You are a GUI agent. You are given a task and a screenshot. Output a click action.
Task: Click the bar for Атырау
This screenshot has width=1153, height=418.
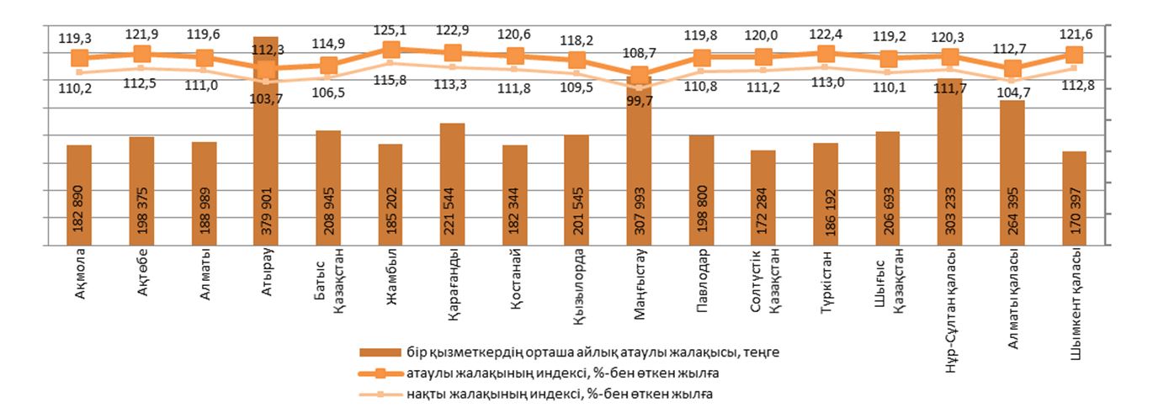click(x=266, y=151)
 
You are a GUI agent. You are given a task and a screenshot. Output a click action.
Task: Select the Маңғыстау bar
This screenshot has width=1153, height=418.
click(x=640, y=168)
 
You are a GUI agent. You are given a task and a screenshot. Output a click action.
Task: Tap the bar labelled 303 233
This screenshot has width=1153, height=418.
click(x=950, y=168)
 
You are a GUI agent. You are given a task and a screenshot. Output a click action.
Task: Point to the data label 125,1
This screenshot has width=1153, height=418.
click(x=391, y=31)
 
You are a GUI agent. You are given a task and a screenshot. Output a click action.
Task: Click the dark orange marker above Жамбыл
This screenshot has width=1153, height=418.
click(x=391, y=50)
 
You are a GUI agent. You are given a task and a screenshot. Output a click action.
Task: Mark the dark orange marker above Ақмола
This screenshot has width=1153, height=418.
click(x=80, y=58)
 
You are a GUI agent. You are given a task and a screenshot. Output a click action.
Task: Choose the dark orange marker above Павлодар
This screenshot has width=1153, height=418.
click(x=702, y=58)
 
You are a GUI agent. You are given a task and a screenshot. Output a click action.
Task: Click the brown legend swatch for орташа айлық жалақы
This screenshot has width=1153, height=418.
click(x=380, y=352)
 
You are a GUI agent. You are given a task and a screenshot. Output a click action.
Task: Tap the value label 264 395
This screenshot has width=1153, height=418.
click(x=1012, y=210)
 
